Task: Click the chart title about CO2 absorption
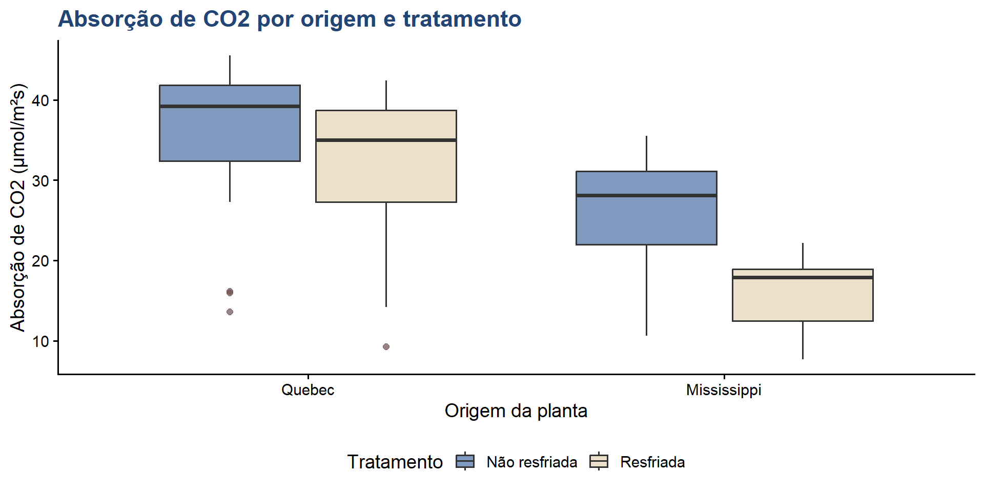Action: pos(290,19)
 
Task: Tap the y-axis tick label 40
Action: pos(41,100)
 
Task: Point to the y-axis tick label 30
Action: pos(41,181)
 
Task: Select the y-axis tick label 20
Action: pos(41,261)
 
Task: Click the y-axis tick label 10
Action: pos(41,341)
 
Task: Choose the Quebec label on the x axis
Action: pos(307,390)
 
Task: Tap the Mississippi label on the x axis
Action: pos(724,390)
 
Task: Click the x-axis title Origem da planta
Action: pos(516,411)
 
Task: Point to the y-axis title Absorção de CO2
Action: pos(18,208)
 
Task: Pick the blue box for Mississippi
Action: pos(646,220)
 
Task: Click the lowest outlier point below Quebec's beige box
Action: pos(386,347)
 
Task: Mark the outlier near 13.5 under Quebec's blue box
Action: pos(230,312)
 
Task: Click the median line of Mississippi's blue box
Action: pos(646,195)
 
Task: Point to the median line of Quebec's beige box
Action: pos(386,140)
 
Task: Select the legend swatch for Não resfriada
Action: pos(465,462)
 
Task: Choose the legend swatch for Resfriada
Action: pos(599,462)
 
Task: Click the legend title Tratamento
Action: pos(395,462)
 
